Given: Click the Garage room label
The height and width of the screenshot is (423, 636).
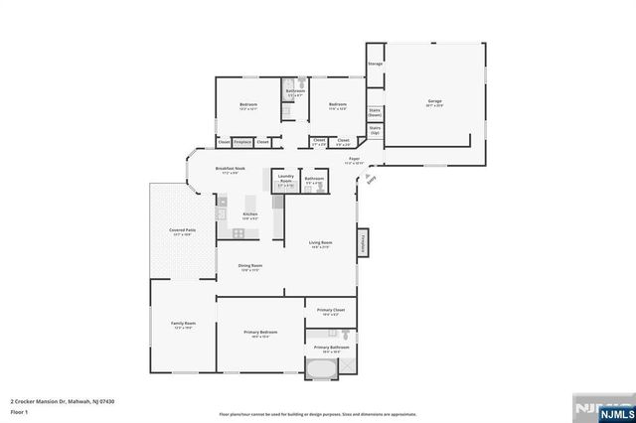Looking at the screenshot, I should tap(434, 102).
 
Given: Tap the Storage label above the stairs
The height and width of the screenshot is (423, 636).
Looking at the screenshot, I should tap(375, 65).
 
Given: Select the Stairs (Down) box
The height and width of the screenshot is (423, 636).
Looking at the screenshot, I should tap(375, 113).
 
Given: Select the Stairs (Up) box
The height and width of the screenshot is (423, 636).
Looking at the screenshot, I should tap(375, 129).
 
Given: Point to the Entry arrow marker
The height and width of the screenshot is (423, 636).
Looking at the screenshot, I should tap(371, 179).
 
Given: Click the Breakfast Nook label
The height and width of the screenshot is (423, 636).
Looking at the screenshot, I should tap(231, 170).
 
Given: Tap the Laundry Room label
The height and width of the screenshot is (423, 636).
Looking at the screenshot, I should tap(285, 181).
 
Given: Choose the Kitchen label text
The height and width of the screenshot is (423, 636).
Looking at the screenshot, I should tap(250, 214).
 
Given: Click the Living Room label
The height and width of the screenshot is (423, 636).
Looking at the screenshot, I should tap(319, 244).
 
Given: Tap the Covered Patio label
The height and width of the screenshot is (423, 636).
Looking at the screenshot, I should tap(182, 231).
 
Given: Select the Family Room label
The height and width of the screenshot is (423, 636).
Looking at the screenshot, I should tap(183, 324).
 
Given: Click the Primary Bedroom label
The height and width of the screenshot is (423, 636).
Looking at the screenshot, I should tap(261, 333).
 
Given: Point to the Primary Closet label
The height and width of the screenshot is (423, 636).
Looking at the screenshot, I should tap(330, 312).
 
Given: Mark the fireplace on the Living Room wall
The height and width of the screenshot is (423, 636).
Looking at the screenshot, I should tap(364, 241).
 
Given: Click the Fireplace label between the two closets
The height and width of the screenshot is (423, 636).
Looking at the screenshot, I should tap(242, 142).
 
